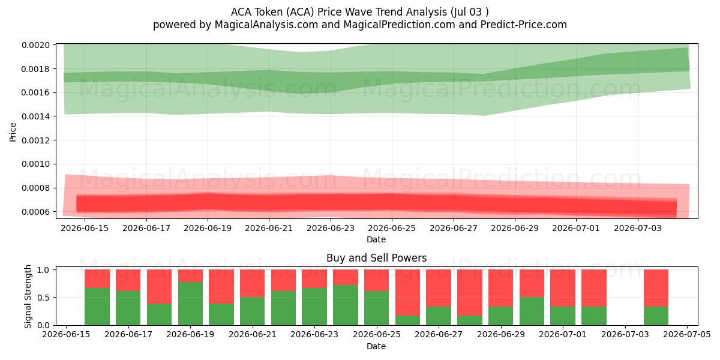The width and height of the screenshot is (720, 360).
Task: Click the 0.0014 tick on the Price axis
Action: (35, 116)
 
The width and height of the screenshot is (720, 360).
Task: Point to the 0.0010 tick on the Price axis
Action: (35, 164)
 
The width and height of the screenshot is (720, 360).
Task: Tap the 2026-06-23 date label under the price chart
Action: (331, 228)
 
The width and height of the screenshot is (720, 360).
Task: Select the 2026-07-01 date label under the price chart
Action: (576, 228)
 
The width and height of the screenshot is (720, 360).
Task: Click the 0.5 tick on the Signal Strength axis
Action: (43, 298)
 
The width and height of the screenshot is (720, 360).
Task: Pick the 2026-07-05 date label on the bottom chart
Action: (687, 335)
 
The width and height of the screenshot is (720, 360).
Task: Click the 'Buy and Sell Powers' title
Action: (376, 258)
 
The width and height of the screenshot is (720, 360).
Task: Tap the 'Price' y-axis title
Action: (13, 132)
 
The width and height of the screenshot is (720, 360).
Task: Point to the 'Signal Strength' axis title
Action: (28, 296)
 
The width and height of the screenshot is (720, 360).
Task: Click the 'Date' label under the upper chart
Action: (376, 239)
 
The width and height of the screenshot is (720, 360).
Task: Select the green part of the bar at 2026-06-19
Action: (190, 304)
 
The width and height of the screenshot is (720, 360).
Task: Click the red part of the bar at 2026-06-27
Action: (439, 288)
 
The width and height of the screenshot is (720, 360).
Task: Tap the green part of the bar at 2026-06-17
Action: (128, 308)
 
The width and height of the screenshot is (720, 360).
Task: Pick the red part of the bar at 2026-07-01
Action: (563, 288)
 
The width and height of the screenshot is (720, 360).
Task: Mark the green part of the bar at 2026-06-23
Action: (314, 307)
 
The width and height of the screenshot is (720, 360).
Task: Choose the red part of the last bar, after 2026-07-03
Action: (656, 288)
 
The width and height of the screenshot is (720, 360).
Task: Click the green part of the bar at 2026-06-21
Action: (253, 311)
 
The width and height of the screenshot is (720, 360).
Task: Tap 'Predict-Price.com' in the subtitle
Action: (524, 25)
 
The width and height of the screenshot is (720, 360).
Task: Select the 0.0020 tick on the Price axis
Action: (35, 45)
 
